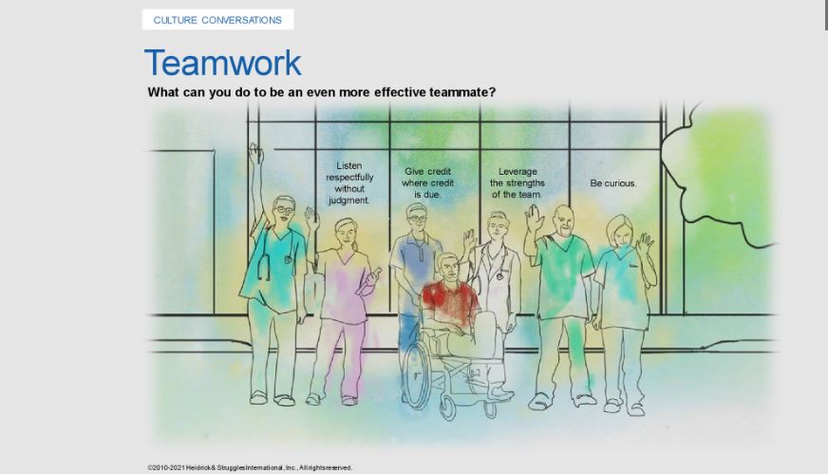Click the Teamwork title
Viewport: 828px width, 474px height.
[222, 63]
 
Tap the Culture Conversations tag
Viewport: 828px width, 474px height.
[217, 20]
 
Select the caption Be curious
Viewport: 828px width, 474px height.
[613, 183]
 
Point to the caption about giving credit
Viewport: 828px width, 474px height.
[427, 182]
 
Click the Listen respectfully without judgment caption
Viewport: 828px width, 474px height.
[349, 182]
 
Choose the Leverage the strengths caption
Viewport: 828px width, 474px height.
[517, 182]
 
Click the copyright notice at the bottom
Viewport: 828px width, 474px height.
[250, 467]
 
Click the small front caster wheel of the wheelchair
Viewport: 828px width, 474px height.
[449, 408]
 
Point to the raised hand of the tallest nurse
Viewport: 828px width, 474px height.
[256, 153]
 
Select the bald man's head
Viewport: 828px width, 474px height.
[563, 220]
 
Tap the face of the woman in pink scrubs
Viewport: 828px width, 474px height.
[346, 233]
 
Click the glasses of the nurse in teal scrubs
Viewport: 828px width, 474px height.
[284, 210]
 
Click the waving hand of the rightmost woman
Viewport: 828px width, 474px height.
[645, 243]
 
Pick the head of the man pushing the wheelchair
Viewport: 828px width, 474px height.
[417, 218]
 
